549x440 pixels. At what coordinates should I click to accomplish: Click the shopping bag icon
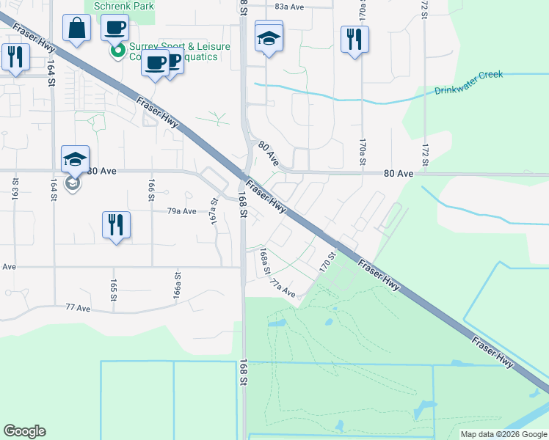click(x=76, y=29)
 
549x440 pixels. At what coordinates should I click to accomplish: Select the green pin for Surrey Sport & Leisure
click(x=116, y=51)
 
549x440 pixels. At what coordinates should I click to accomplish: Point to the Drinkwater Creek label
click(x=468, y=83)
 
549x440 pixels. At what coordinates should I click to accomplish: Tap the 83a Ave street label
click(x=289, y=6)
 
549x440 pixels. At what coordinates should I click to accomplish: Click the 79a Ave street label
click(x=182, y=210)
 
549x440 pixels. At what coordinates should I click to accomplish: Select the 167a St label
click(x=215, y=211)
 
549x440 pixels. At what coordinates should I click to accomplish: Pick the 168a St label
click(x=263, y=260)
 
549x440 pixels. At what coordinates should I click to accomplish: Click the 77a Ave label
click(x=283, y=288)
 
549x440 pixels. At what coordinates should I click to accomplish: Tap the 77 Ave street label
click(x=81, y=308)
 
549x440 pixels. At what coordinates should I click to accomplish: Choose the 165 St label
click(x=114, y=289)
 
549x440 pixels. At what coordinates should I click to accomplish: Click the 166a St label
click(x=177, y=283)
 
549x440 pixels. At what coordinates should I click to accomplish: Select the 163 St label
click(x=15, y=194)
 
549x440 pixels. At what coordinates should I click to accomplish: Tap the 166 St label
click(x=151, y=190)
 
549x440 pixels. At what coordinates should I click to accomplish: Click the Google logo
click(x=24, y=431)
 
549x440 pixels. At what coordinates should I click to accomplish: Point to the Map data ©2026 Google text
click(x=503, y=434)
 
